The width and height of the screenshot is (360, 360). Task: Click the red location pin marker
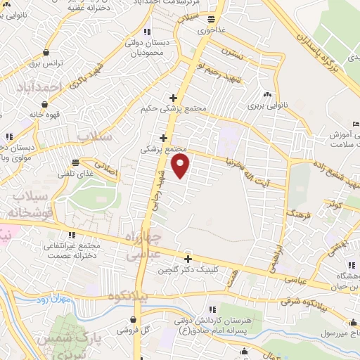181,166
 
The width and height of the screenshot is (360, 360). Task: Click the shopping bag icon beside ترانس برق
46,51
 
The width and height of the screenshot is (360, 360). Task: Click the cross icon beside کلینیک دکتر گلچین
187,258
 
